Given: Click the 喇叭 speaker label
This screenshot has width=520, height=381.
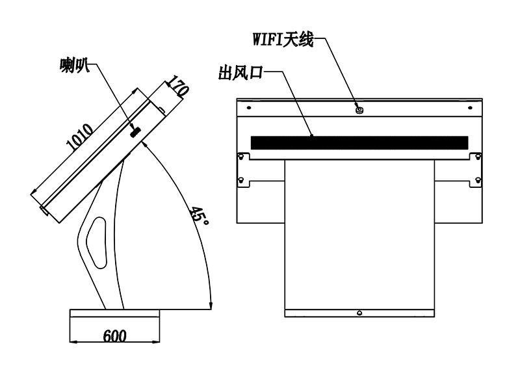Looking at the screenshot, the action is [75, 65].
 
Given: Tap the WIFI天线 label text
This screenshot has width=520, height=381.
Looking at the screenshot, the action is [283, 40].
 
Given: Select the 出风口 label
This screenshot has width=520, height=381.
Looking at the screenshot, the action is [240, 73].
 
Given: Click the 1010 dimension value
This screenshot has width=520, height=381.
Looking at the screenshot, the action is [79, 137].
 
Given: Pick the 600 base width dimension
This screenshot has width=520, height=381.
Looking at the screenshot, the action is [115, 336].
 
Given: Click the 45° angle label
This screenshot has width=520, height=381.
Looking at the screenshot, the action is [199, 216].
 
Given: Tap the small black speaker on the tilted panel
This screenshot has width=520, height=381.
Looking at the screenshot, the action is [135, 132].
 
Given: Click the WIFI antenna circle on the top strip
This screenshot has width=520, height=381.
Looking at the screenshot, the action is [359, 109].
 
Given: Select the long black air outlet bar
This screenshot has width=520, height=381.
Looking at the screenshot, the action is [359, 142].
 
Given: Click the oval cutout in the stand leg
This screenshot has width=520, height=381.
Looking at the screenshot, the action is [97, 243].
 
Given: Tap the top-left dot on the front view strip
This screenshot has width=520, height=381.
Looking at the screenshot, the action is [249, 108].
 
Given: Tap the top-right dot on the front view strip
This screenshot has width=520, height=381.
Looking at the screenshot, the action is [470, 108].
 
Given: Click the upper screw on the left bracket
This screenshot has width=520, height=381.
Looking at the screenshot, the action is [241, 156].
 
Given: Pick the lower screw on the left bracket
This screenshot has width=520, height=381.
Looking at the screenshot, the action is [241, 180].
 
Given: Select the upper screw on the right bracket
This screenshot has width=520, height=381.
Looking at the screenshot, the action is [478, 156].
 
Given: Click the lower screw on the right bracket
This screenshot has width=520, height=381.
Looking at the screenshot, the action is [478, 180].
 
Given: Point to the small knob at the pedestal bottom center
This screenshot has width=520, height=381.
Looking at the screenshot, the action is [359, 313].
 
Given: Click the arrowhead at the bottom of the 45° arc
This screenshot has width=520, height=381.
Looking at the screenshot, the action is [210, 306].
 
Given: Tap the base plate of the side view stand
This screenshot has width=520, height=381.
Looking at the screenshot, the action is [115, 313].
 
